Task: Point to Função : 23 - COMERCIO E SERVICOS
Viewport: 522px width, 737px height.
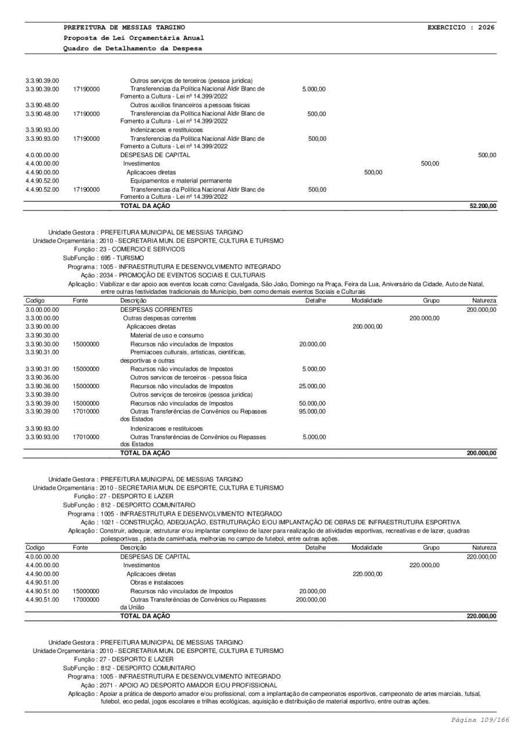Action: pyautogui.click(x=133, y=249)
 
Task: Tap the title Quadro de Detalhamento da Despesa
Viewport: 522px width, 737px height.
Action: pyautogui.click(x=133, y=48)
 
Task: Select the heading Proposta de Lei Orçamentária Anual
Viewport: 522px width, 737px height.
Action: pyautogui.click(x=133, y=38)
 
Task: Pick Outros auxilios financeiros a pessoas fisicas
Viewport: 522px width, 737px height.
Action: pyautogui.click(x=190, y=105)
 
